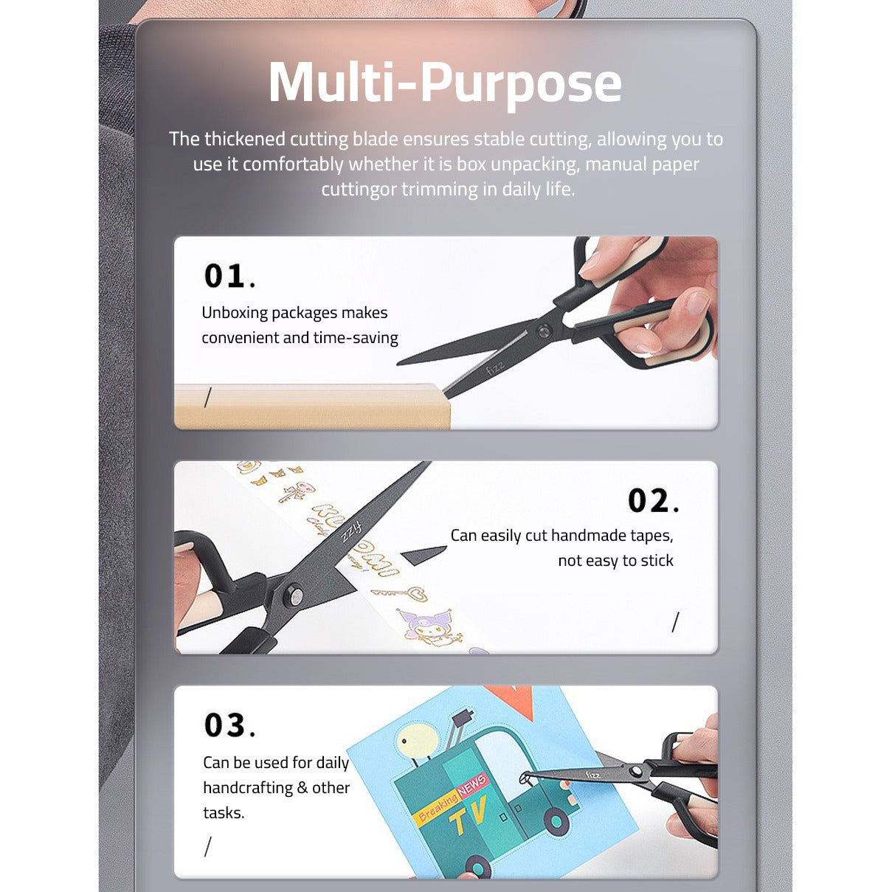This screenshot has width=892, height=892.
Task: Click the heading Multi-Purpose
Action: pos(445,82)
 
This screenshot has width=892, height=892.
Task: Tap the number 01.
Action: pos(225,276)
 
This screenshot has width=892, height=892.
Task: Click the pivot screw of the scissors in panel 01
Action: pos(544,331)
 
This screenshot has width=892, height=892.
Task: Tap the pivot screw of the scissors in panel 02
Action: pos(294,595)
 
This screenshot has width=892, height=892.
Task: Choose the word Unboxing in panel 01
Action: pos(235,313)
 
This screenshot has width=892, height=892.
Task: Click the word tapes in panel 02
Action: pos(651,536)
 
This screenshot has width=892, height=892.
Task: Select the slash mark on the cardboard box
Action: pos(208,398)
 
